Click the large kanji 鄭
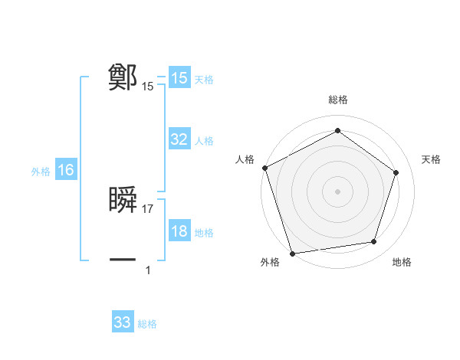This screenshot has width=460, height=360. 123,77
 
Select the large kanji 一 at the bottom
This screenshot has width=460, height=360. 123,260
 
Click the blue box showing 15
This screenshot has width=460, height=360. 179,78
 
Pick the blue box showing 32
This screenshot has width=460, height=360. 179,139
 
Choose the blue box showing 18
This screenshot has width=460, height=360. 179,232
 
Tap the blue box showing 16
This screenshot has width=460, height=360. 65,170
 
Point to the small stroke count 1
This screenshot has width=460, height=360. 148,270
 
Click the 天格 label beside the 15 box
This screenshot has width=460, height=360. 204,80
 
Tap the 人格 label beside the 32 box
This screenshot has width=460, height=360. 204,141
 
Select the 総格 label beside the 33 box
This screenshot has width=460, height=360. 147,324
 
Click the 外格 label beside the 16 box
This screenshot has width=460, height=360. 41,172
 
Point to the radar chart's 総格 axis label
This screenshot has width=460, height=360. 337,100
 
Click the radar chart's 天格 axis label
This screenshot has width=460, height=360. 431,159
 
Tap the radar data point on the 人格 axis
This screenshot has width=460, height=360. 264,167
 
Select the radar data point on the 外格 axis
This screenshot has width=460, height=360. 292,253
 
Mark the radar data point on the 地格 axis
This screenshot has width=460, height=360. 374,242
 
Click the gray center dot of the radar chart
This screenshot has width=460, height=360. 337,191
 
